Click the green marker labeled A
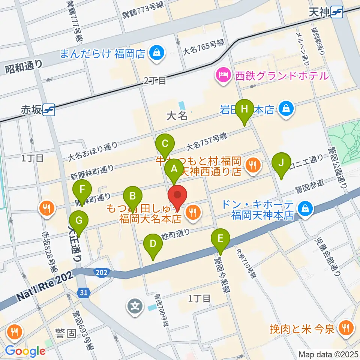[174, 168]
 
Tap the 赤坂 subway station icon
[49, 109]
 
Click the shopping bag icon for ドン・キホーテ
[304, 209]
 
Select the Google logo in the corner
[25, 351]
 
